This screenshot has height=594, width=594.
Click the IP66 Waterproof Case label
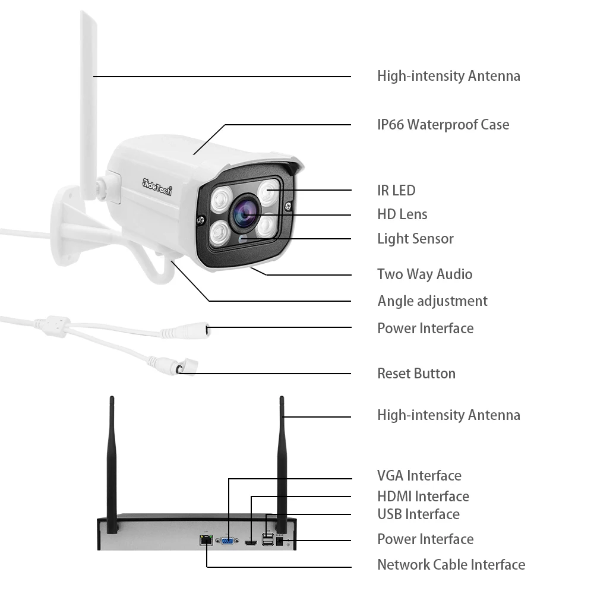pyautogui.click(x=443, y=125)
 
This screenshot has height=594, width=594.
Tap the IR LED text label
pyautogui.click(x=396, y=191)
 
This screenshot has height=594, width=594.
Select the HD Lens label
pyautogui.click(x=402, y=214)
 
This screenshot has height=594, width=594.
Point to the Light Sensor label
pyautogui.click(x=415, y=239)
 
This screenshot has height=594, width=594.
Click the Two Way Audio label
pyautogui.click(x=425, y=274)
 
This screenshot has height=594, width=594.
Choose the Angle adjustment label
pyautogui.click(x=432, y=301)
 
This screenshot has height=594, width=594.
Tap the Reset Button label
pyautogui.click(x=416, y=374)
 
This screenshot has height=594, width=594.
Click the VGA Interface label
pyautogui.click(x=419, y=476)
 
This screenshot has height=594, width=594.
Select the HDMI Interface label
pyautogui.click(x=423, y=497)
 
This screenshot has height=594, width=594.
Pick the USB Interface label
pyautogui.click(x=418, y=514)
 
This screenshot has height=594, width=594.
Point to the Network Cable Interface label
pyautogui.click(x=451, y=565)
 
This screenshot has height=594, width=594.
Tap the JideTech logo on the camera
pyautogui.click(x=157, y=185)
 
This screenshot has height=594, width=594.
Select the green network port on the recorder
pyautogui.click(x=206, y=540)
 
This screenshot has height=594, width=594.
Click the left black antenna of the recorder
pyautogui.click(x=112, y=463)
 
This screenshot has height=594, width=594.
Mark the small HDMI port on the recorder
pyautogui.click(x=250, y=542)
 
